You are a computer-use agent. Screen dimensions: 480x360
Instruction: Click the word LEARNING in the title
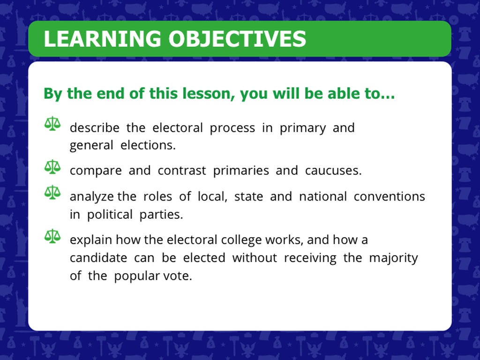102,39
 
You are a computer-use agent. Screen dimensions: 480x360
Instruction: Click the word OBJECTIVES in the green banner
237,39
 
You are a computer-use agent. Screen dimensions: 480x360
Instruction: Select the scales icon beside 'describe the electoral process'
52,124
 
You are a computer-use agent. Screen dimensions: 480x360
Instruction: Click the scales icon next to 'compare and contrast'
52,167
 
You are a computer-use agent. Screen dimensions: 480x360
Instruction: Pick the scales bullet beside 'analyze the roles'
52,192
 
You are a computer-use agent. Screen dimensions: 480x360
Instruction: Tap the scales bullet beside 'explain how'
52,236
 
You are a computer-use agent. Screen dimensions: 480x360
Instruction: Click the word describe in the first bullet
95,127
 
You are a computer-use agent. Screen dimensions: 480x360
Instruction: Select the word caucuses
333,171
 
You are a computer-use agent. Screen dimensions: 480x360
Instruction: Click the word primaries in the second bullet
241,171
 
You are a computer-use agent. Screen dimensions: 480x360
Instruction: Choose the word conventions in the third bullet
390,196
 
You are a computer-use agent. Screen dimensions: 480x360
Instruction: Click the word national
323,196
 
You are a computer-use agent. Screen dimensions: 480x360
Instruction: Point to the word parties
161,215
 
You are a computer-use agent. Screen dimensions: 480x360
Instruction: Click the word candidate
98,258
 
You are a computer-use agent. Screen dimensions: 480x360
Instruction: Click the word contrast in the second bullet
182,171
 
